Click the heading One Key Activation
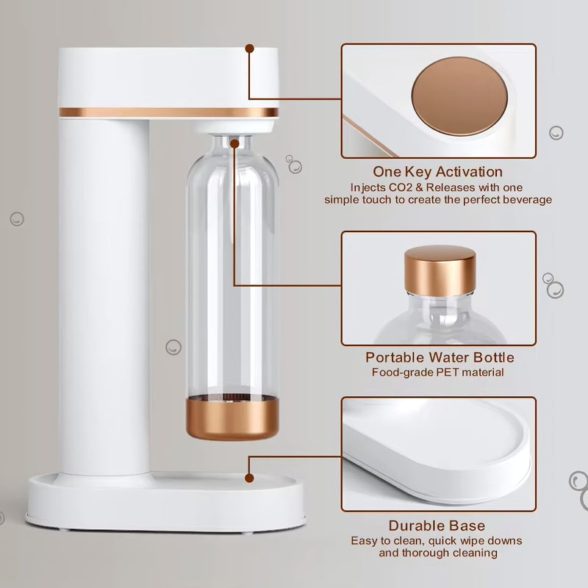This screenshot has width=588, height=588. pyautogui.click(x=438, y=172)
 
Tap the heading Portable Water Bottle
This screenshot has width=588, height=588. pyautogui.click(x=440, y=357)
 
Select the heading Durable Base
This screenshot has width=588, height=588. pyautogui.click(x=437, y=526)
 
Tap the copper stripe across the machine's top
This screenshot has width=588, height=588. pyautogui.click(x=168, y=112)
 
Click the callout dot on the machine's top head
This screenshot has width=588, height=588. pyautogui.click(x=250, y=49)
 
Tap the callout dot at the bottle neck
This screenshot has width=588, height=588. pyautogui.click(x=234, y=144)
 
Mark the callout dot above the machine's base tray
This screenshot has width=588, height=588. pyautogui.click(x=250, y=478)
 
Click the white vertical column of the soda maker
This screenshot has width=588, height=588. pyautogui.click(x=104, y=294)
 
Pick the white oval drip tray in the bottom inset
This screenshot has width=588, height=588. pyautogui.click(x=441, y=448)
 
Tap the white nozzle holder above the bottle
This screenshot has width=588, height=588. pyautogui.click(x=232, y=127)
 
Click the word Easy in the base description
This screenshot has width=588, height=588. pyautogui.click(x=364, y=540)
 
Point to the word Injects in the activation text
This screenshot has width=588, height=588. pyautogui.click(x=359, y=187)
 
